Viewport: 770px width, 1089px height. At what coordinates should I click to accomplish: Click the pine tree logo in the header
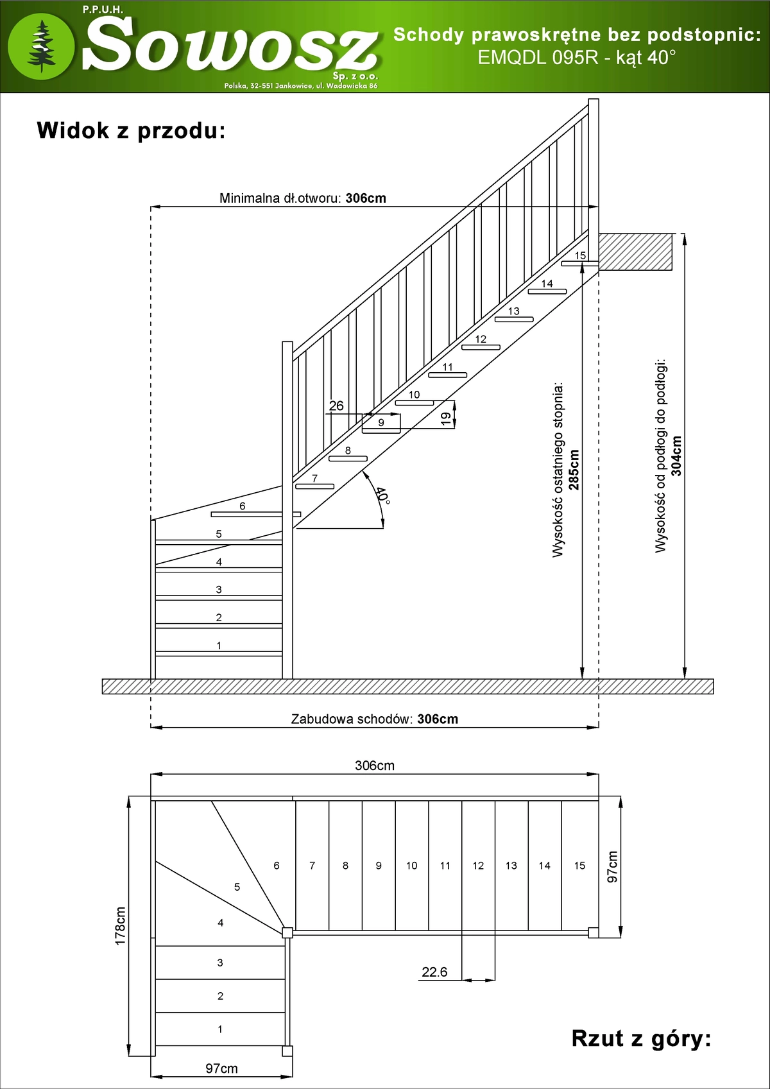42,46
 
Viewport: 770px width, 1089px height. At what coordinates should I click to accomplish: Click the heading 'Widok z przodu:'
131,130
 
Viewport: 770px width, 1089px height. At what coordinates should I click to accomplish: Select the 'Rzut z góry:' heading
641,1038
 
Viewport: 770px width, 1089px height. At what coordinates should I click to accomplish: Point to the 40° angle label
382,495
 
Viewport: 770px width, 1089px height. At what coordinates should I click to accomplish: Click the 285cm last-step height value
574,470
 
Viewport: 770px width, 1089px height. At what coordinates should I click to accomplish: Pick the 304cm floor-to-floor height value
676,456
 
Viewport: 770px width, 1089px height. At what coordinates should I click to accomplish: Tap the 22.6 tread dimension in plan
434,972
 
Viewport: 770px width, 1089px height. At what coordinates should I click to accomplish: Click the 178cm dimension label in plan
120,926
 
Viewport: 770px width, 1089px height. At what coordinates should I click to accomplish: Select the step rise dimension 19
446,419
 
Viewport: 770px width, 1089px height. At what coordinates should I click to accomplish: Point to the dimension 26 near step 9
336,406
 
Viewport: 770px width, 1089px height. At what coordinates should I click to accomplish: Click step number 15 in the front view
580,255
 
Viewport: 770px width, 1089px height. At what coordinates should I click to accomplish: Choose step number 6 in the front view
243,506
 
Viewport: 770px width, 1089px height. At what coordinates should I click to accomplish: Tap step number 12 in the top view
478,866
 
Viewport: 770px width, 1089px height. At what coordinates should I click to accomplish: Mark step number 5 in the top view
237,887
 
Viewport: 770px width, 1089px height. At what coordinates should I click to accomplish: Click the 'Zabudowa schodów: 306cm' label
375,719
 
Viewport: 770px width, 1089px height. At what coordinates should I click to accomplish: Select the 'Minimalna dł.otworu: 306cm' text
303,198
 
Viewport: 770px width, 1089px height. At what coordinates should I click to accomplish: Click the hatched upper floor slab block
635,252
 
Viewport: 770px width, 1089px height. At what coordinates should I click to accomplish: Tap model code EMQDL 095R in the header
538,58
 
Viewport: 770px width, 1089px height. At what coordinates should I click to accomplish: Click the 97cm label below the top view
221,1068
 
